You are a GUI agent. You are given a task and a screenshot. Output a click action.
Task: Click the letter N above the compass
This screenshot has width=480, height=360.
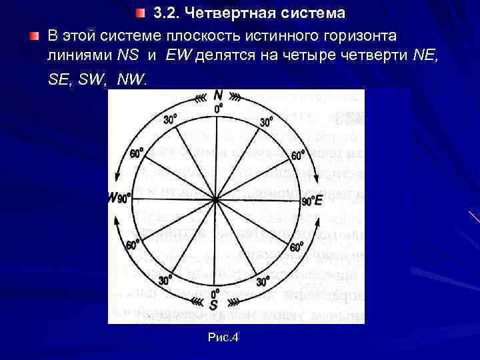(218, 95)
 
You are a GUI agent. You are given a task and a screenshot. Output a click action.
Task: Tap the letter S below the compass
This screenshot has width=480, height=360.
(214, 305)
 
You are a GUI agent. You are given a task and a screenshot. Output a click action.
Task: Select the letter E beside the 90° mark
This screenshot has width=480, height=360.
(318, 201)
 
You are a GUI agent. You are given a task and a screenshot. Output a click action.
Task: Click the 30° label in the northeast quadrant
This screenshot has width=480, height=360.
(266, 122)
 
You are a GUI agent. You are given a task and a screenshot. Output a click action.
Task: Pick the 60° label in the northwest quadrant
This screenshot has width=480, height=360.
(136, 153)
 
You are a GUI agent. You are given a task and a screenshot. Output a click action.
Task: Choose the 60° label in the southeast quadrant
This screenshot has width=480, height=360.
(297, 247)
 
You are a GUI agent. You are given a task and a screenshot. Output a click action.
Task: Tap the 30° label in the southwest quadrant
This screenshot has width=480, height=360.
(165, 281)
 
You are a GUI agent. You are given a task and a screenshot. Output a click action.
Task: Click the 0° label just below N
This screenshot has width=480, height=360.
(217, 108)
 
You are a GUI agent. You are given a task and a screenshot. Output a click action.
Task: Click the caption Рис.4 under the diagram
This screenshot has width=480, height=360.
(223, 338)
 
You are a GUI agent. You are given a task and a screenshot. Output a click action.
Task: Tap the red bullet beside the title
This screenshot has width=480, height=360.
(139, 13)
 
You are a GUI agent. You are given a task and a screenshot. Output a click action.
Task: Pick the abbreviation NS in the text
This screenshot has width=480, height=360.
(129, 55)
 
